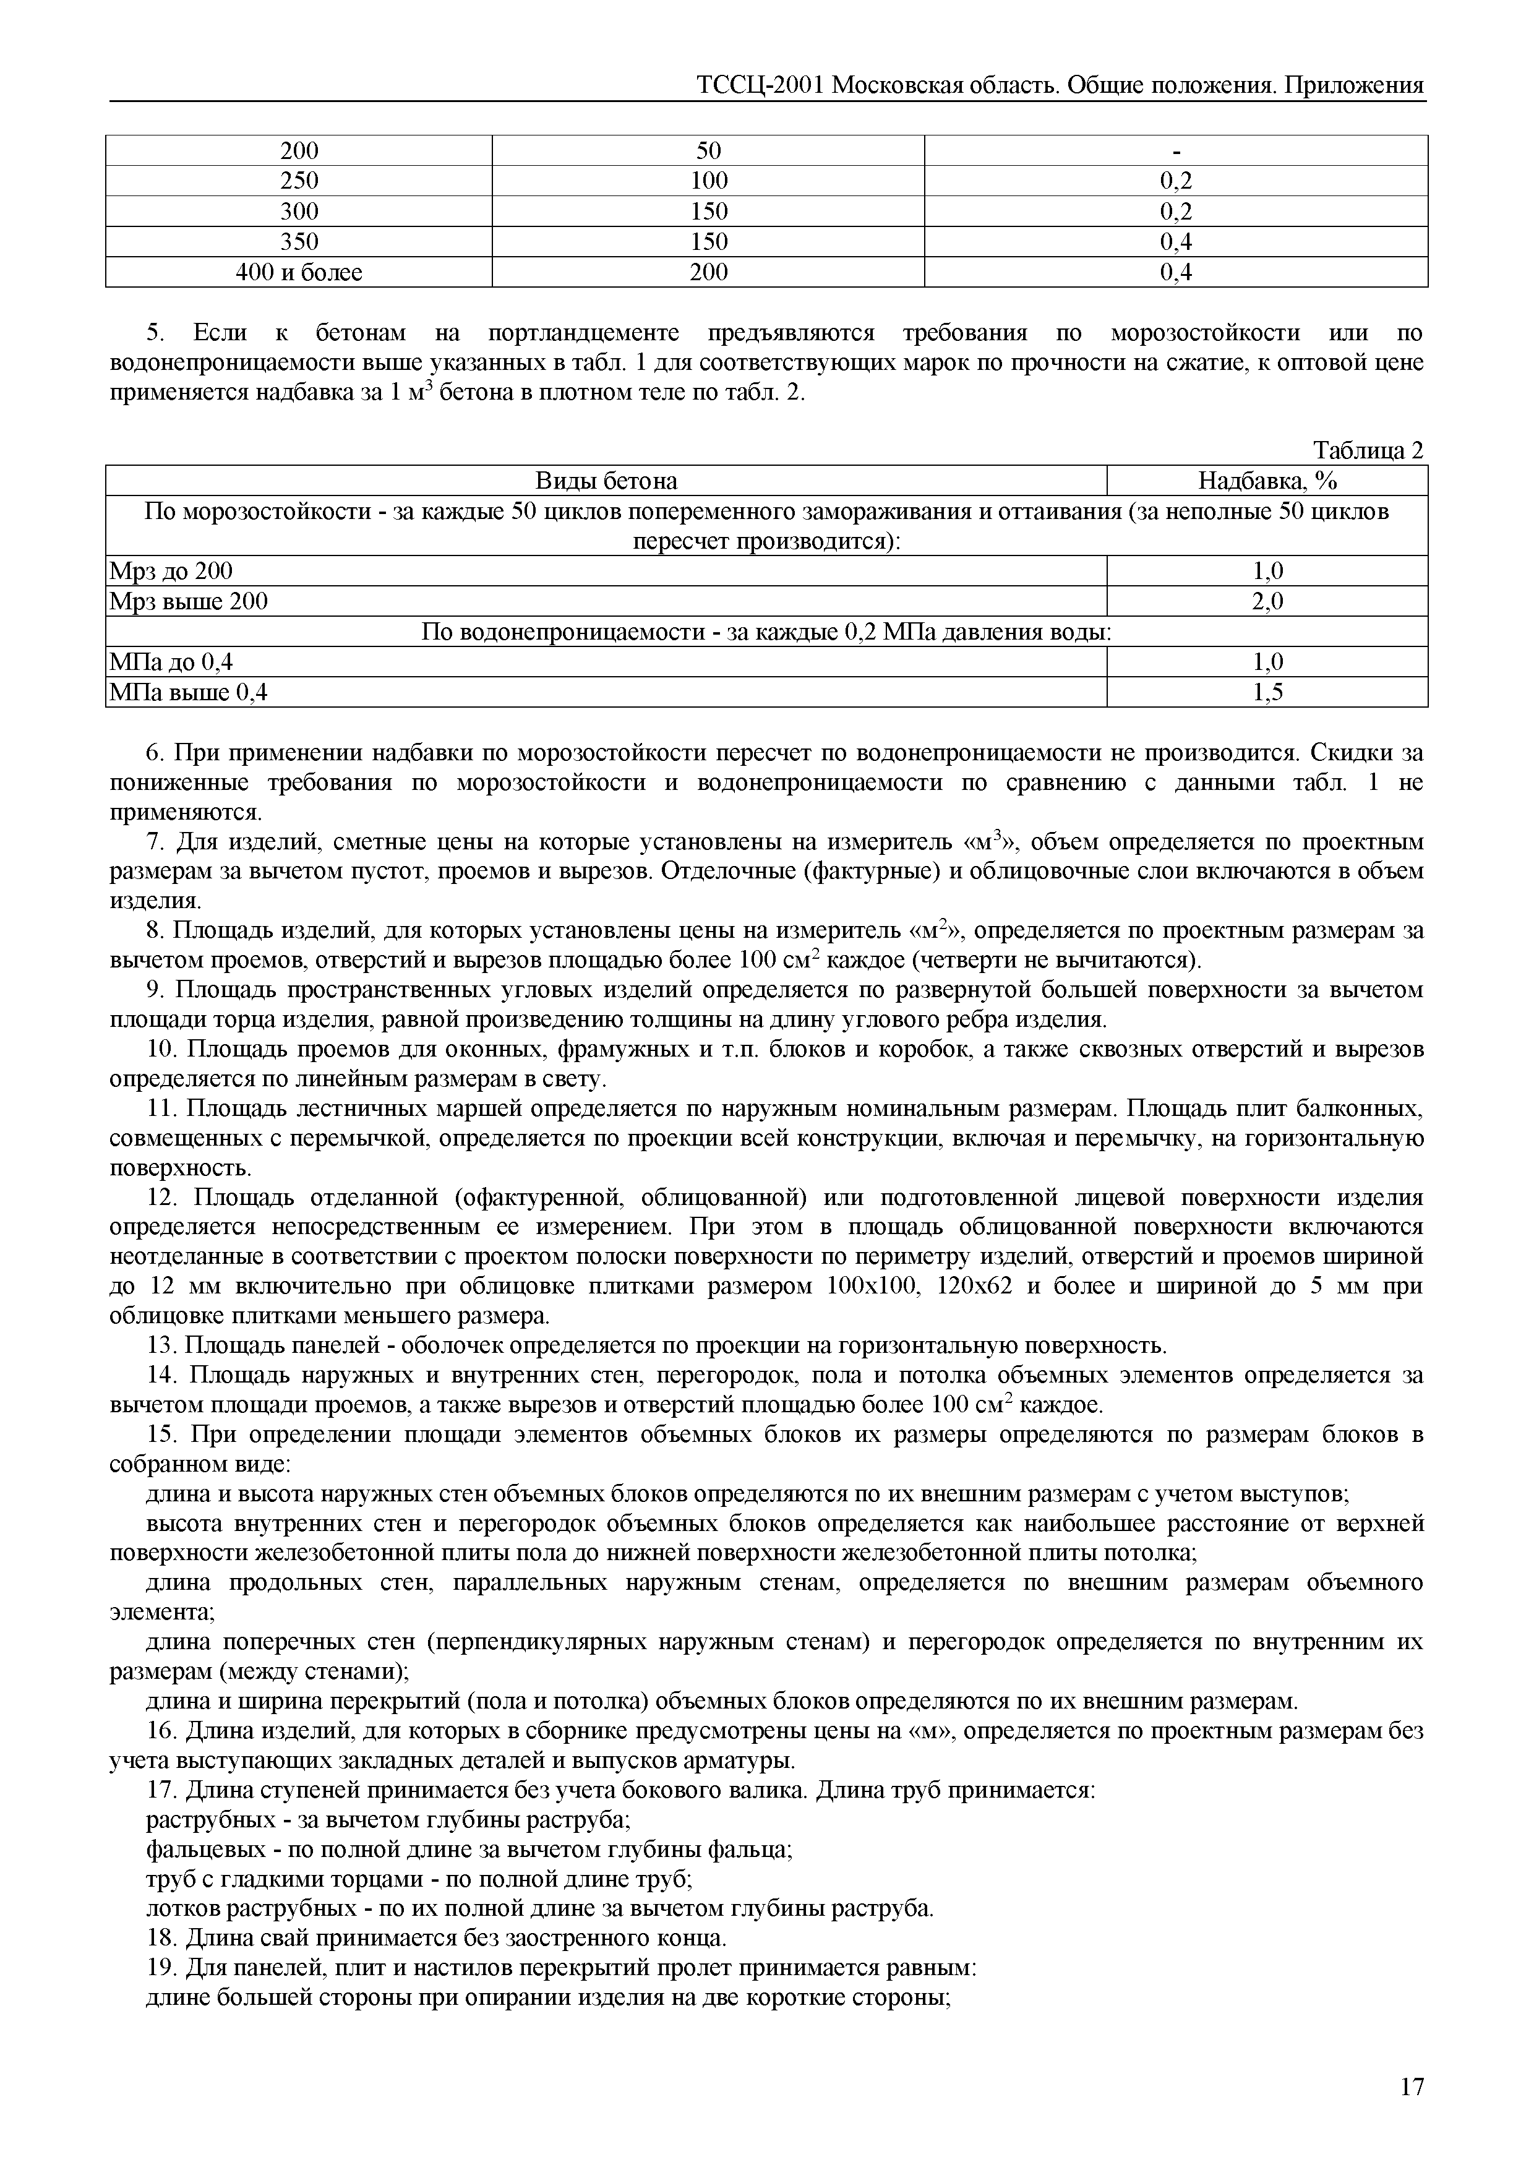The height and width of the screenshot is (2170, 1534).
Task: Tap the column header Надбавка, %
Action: [x=1267, y=481]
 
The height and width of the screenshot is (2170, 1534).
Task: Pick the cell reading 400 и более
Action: [x=299, y=272]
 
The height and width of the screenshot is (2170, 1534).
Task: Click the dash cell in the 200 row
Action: [x=1176, y=151]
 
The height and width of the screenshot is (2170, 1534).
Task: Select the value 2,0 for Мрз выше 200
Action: [x=1267, y=601]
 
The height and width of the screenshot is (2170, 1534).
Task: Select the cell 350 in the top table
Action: [x=299, y=242]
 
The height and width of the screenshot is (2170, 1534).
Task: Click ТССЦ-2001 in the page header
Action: [x=761, y=85]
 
